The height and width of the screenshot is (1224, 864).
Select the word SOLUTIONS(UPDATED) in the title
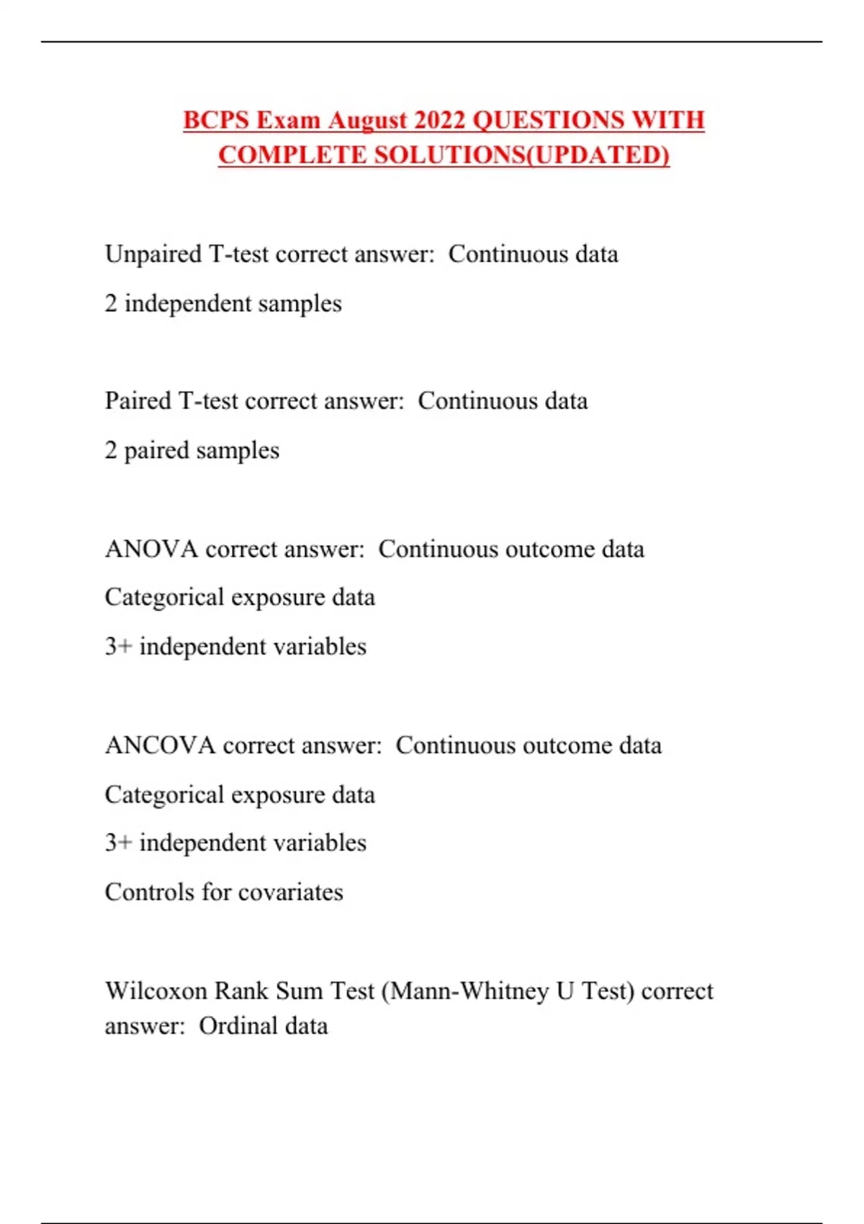pos(521,155)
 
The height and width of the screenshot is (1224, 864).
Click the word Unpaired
pos(153,254)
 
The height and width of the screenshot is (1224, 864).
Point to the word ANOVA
pos(151,549)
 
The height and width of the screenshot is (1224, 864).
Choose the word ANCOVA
pos(160,745)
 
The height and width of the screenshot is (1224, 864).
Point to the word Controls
pos(149,892)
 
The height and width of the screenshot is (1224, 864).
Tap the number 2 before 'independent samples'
pos(110,303)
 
